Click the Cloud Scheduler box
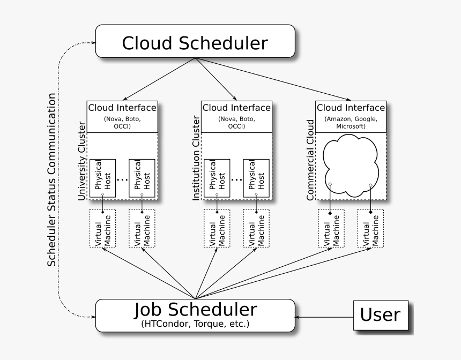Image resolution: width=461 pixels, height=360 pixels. click(195, 41)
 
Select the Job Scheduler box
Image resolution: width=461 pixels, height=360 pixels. click(195, 315)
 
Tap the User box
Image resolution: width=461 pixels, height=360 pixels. click(380, 315)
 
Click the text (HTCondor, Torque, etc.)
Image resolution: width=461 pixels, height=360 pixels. click(195, 324)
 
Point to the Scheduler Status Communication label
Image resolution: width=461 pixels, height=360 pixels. click(51, 180)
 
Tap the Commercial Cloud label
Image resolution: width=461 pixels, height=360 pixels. click(310, 161)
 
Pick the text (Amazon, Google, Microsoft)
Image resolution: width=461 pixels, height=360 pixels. click(351, 123)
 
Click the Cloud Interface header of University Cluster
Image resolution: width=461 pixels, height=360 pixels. click(122, 108)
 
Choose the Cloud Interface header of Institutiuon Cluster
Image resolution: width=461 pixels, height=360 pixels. click(236, 108)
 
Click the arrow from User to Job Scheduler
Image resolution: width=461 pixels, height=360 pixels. click(324, 317)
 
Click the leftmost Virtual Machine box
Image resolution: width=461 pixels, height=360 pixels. click(102, 228)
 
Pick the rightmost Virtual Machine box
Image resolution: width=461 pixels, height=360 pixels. click(371, 228)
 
